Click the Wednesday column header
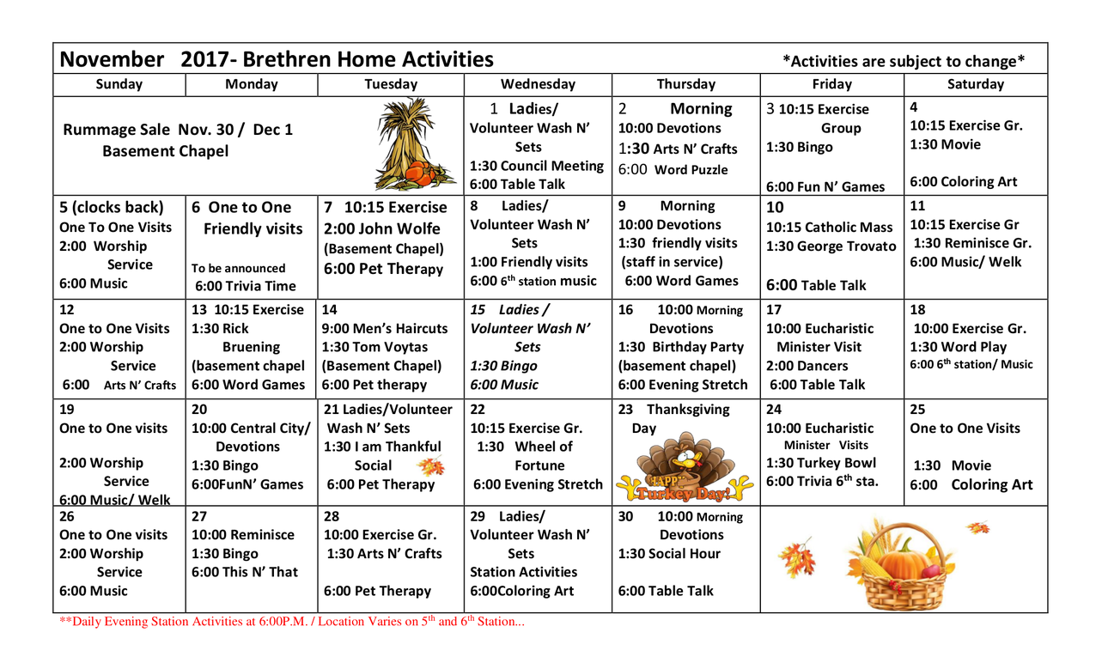(538, 84)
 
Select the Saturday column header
(975, 84)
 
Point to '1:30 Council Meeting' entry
(537, 166)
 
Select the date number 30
(627, 516)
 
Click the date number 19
(68, 410)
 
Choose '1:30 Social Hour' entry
(669, 554)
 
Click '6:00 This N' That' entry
(244, 573)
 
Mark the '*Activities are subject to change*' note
(904, 61)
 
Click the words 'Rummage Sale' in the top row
(119, 130)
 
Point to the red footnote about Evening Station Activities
(291, 622)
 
